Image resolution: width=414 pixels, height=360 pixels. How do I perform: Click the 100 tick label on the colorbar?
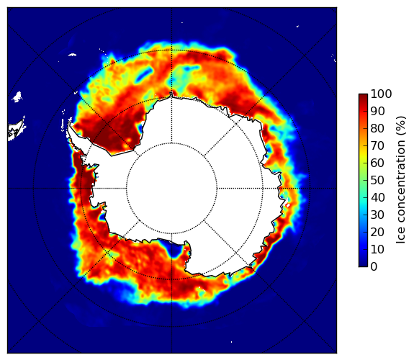[381, 94]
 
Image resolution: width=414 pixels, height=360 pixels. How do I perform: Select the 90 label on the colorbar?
[377, 111]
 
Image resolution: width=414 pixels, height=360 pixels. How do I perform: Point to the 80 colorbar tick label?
[377, 128]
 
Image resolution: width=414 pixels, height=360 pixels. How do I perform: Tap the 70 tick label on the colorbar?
[377, 145]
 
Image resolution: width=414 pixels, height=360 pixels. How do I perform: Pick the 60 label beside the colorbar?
[377, 163]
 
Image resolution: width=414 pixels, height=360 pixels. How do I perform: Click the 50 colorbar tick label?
[377, 180]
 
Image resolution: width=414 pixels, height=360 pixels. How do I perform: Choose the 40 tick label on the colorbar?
[377, 197]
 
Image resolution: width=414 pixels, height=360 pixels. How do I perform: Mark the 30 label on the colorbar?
[377, 215]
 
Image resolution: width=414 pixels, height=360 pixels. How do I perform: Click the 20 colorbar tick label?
[377, 232]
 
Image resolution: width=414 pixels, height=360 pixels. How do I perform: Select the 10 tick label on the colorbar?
[377, 249]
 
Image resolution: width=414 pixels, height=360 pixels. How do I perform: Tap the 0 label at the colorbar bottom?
[374, 266]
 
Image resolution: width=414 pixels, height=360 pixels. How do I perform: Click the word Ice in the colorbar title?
[400, 235]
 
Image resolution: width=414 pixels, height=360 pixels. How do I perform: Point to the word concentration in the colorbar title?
[400, 181]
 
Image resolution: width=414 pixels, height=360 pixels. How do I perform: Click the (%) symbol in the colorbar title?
[400, 126]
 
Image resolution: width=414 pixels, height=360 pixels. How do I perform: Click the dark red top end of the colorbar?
[363, 96]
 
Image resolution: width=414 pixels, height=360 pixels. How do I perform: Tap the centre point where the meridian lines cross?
[171, 189]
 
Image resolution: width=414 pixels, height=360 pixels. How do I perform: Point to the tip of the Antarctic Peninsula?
[69, 123]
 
